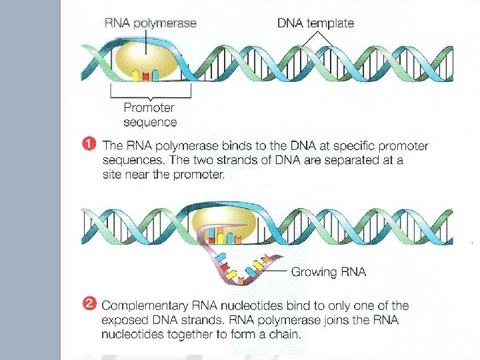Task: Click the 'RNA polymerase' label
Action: (x=150, y=23)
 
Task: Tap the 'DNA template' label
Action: (x=315, y=23)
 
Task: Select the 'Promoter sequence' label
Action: (x=150, y=115)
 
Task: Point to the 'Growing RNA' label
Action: (x=328, y=272)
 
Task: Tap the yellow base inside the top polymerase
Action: (x=135, y=74)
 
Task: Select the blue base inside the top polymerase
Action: (x=155, y=73)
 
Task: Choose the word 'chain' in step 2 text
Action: (x=285, y=335)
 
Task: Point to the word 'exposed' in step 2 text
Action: (x=124, y=321)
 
